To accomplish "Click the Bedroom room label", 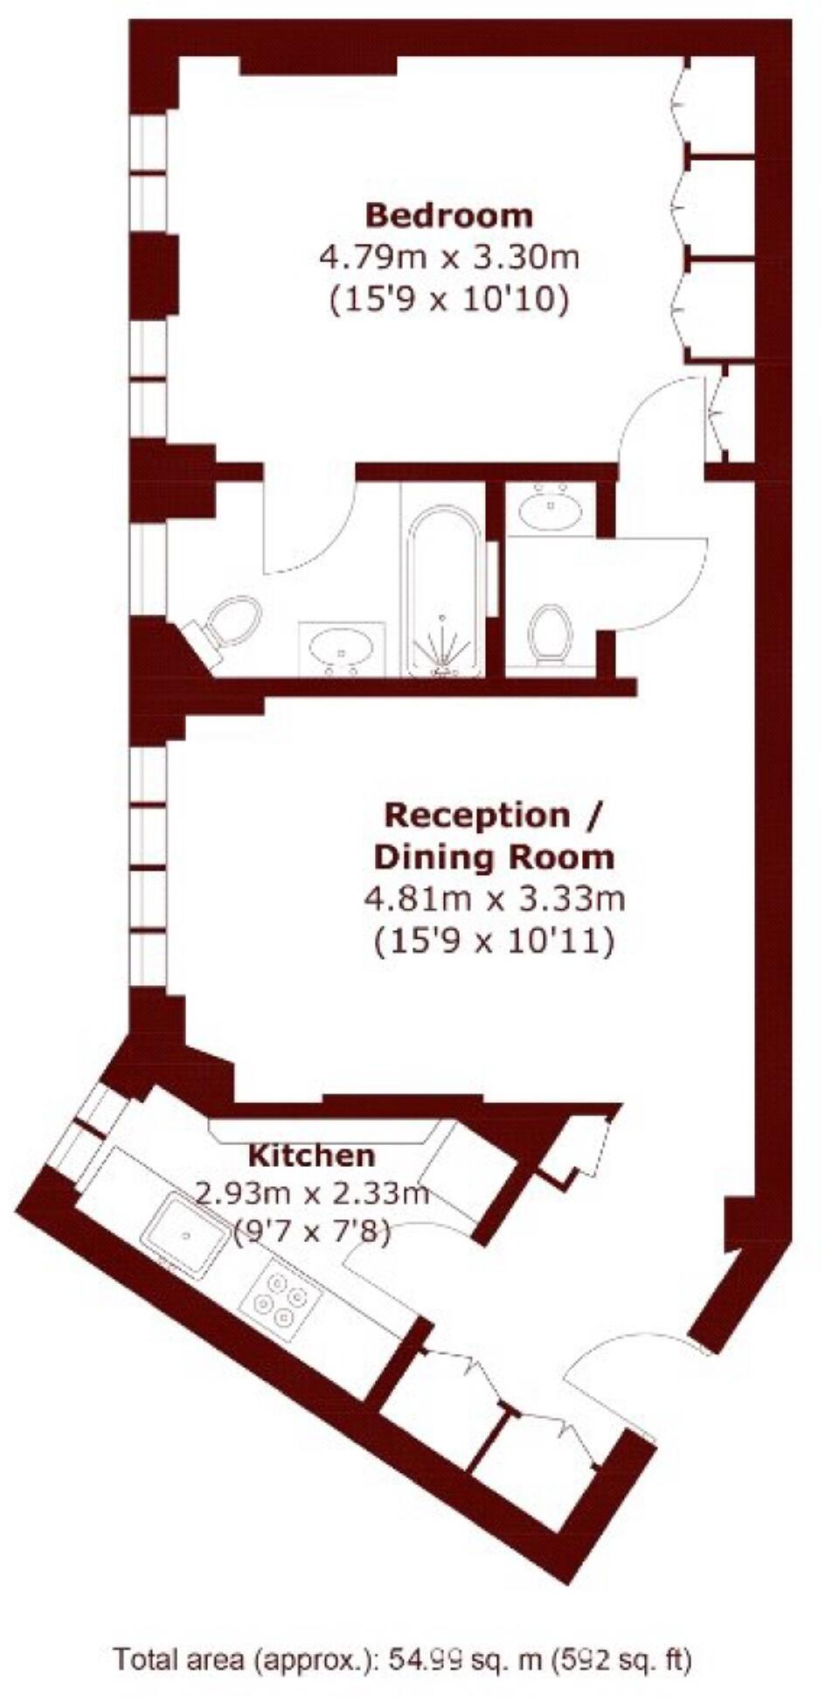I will click(x=448, y=215).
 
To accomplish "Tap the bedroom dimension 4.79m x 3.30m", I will click(x=448, y=258).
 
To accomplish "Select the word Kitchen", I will click(x=312, y=1156).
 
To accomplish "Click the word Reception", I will click(x=476, y=816).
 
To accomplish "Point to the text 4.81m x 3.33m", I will click(x=494, y=899).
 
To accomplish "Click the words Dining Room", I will click(x=494, y=857).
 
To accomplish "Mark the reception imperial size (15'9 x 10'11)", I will click(x=494, y=941).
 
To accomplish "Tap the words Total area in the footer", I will click(x=179, y=1659).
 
